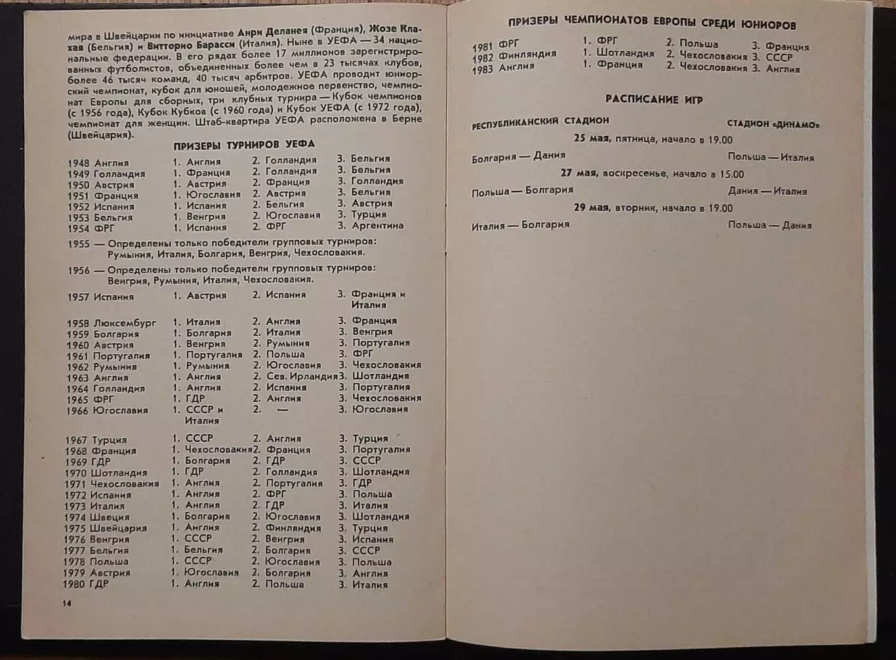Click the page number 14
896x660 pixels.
[x=66, y=603]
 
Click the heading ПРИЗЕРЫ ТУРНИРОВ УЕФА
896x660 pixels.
[x=244, y=144]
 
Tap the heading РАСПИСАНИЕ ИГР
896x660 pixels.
[x=653, y=100]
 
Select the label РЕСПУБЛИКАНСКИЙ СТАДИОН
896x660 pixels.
[x=540, y=121]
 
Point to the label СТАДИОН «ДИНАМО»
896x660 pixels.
[x=773, y=124]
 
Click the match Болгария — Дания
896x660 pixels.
[x=518, y=156]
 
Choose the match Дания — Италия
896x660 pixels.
[x=767, y=192]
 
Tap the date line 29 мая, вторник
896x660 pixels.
[x=653, y=208]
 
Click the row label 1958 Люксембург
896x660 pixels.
[x=112, y=323]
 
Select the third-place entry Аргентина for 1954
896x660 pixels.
[x=377, y=226]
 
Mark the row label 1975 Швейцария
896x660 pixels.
[x=106, y=528]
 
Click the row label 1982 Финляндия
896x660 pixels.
[x=514, y=55]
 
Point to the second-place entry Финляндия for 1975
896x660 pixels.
[x=293, y=528]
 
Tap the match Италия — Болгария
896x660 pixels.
[x=520, y=225]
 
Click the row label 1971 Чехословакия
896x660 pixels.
[x=112, y=484]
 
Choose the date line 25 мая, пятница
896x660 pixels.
[x=653, y=140]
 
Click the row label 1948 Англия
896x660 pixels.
[x=98, y=163]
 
